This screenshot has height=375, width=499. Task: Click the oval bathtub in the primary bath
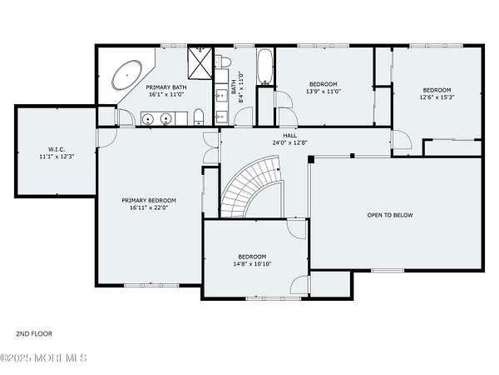[127, 75]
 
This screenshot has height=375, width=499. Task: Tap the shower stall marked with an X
[200, 62]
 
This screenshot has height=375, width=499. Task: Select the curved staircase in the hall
[252, 187]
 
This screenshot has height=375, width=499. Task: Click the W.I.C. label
[57, 149]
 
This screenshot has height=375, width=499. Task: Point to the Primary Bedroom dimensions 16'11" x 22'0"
[149, 207]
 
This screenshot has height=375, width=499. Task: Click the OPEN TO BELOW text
[390, 215]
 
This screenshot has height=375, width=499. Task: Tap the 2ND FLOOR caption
[34, 334]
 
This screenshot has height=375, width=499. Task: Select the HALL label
[290, 136]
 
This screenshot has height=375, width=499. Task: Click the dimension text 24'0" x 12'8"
[290, 142]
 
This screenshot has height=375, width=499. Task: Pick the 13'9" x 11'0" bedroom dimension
[324, 91]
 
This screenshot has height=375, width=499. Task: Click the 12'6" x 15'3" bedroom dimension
[437, 97]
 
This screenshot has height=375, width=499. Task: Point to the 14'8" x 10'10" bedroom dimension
[252, 264]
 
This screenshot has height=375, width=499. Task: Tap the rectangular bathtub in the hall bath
[265, 67]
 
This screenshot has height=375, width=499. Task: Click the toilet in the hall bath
[222, 61]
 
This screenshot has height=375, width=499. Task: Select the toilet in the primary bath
[198, 117]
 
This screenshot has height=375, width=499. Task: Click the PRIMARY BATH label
[166, 87]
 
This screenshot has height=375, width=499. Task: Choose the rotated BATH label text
[234, 87]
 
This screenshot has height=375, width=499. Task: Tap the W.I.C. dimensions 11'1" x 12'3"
[57, 157]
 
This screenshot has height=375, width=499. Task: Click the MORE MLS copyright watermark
[43, 357]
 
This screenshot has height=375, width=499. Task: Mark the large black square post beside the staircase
[311, 159]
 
